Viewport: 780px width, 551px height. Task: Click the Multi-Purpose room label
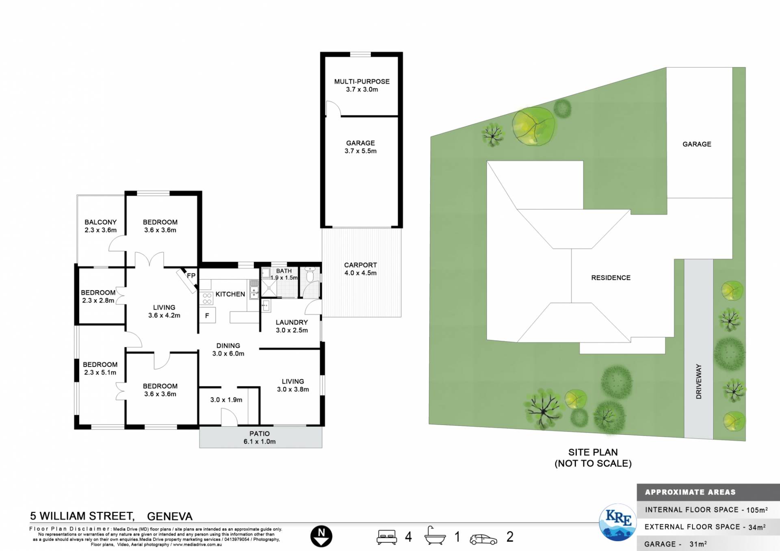point(362,85)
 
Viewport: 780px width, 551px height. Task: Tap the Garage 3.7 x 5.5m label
point(360,147)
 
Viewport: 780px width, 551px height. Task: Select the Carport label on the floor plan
point(360,269)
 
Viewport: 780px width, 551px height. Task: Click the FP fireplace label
point(191,275)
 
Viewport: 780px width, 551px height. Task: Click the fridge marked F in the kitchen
point(207,315)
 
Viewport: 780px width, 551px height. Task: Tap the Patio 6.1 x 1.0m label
point(260,438)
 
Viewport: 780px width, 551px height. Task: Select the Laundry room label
point(292,326)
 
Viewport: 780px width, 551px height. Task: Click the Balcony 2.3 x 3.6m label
point(100,226)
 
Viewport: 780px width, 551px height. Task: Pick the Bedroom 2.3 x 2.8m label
point(98,297)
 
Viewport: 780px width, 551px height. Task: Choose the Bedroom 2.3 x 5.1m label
point(100,369)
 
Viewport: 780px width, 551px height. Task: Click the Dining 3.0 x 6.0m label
point(228,349)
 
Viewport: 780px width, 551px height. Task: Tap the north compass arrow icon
point(321,536)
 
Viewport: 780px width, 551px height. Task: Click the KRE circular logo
point(618,522)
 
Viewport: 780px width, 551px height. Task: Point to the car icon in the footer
point(483,539)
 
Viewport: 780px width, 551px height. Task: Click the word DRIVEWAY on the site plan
point(699,381)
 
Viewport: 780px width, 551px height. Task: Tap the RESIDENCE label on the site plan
point(611,278)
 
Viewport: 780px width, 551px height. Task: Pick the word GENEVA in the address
point(170,516)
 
